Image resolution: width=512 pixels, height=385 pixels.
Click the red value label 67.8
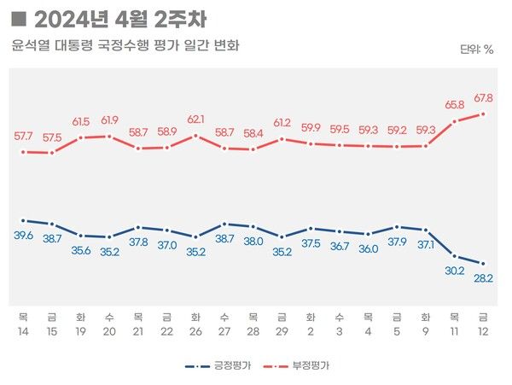483,96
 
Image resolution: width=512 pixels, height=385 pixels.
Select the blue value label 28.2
483,278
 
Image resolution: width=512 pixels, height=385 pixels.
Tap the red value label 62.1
195,119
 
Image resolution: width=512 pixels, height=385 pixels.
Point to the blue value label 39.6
23,236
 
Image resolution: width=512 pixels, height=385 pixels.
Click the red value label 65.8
454,105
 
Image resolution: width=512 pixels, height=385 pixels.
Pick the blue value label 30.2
454,271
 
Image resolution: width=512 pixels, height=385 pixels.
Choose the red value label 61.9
109,120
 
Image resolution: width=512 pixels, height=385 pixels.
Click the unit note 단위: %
476,50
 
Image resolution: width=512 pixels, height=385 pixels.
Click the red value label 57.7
23,136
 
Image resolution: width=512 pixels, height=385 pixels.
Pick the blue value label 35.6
80,250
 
